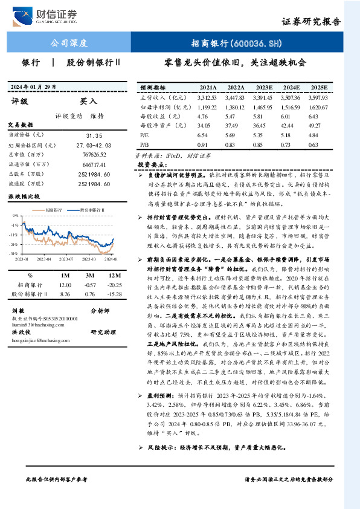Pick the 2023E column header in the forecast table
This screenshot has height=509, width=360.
pos(263,87)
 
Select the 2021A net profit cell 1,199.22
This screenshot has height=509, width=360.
pos(207,106)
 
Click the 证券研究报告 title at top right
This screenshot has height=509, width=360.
pos(312,21)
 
